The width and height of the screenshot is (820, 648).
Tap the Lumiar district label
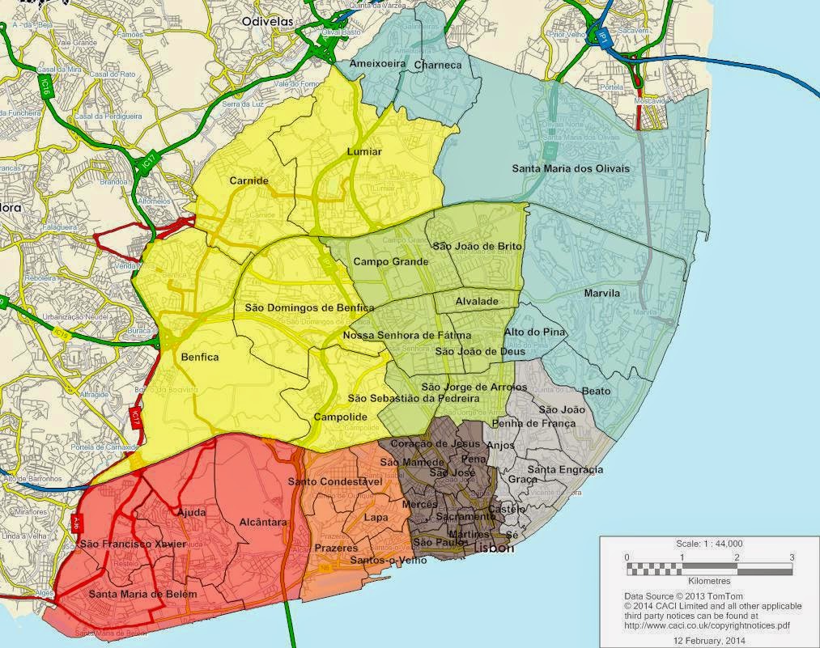point(363,151)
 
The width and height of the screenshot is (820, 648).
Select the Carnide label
point(249,180)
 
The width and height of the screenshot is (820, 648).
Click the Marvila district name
point(602,293)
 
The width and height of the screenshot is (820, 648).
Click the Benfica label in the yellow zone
point(200,357)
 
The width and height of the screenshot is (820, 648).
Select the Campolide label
point(341,417)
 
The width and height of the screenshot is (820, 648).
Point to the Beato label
point(597,391)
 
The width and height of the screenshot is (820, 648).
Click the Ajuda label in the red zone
point(191,512)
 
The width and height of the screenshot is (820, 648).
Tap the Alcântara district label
point(263,523)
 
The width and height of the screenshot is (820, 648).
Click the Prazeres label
point(330,548)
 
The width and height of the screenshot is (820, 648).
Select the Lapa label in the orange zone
point(376,518)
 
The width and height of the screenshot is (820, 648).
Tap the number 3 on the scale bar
point(792,557)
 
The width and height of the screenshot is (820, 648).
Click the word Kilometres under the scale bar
point(709,581)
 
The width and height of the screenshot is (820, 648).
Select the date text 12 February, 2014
point(708,639)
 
